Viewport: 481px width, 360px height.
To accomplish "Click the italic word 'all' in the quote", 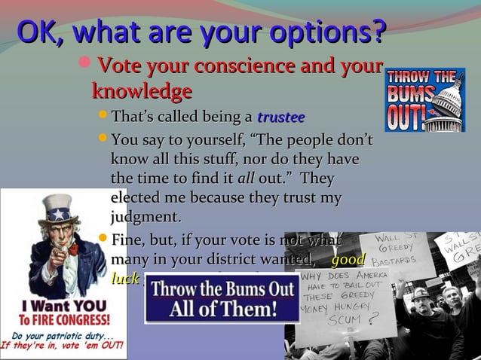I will tap(246, 179).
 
